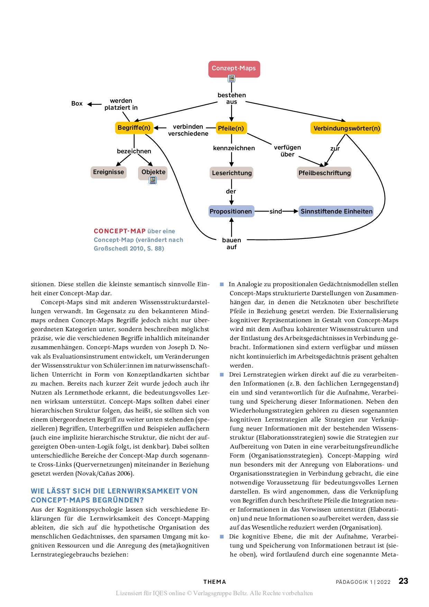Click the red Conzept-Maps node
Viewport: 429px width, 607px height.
234,69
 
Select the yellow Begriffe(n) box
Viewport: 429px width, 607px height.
134,128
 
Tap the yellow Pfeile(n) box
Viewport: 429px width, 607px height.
231,128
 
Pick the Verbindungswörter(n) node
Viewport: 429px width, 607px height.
346,128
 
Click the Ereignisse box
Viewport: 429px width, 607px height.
108,172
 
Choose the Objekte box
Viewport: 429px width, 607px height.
153,172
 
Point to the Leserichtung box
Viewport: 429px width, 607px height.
231,173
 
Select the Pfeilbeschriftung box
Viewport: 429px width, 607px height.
324,173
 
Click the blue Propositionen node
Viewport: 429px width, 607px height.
231,211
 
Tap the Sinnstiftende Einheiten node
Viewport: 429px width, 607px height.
336,211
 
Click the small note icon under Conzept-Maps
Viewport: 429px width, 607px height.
231,79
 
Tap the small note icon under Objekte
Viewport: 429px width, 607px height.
153,180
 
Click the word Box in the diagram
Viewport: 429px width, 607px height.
77,103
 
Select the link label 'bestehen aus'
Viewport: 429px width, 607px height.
231,98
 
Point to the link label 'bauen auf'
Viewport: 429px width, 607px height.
231,243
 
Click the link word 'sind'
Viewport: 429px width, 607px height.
276,211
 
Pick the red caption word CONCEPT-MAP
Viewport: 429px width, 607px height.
119,231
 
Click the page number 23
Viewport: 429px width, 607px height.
403,581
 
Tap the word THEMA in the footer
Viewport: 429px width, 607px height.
214,582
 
